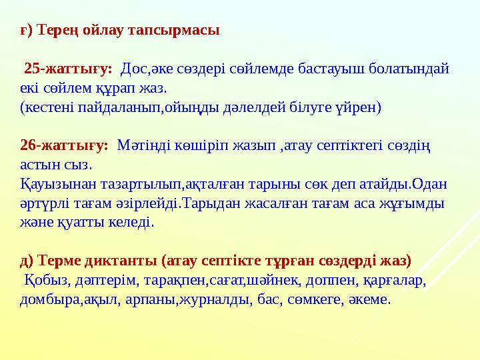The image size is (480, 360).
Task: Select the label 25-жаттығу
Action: pos(67,68)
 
